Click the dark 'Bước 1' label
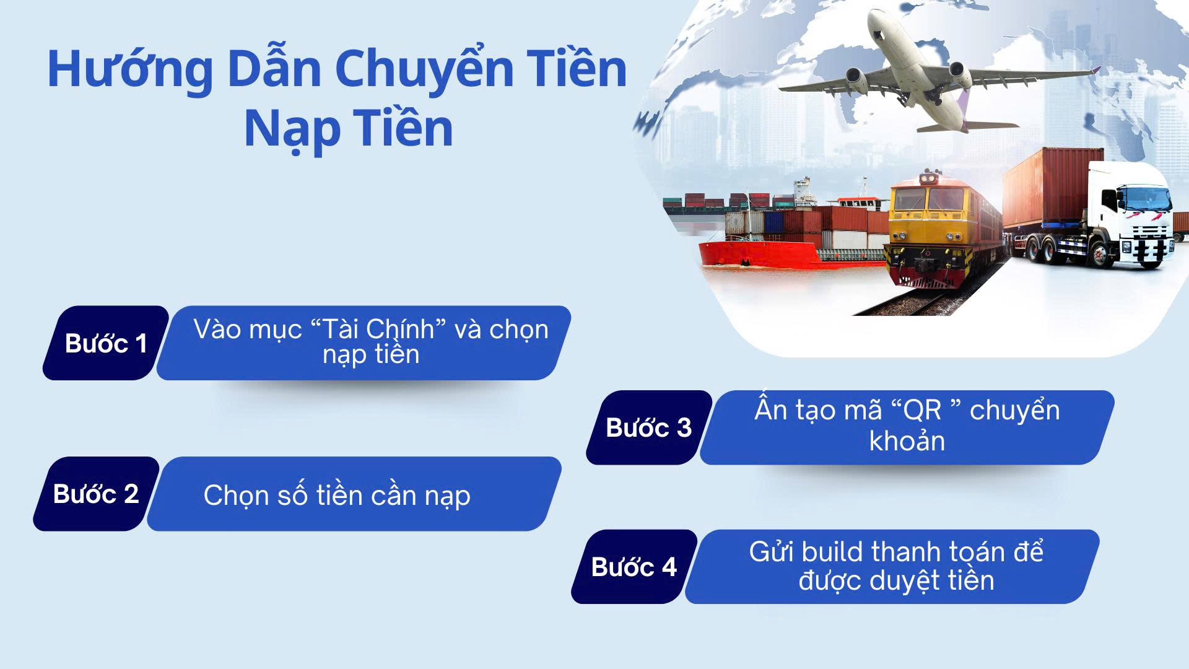click(106, 343)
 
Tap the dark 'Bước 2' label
click(96, 494)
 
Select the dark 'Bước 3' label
click(649, 427)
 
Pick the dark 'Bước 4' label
click(634, 567)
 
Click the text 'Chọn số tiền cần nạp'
click(337, 496)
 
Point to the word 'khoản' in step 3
click(907, 441)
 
